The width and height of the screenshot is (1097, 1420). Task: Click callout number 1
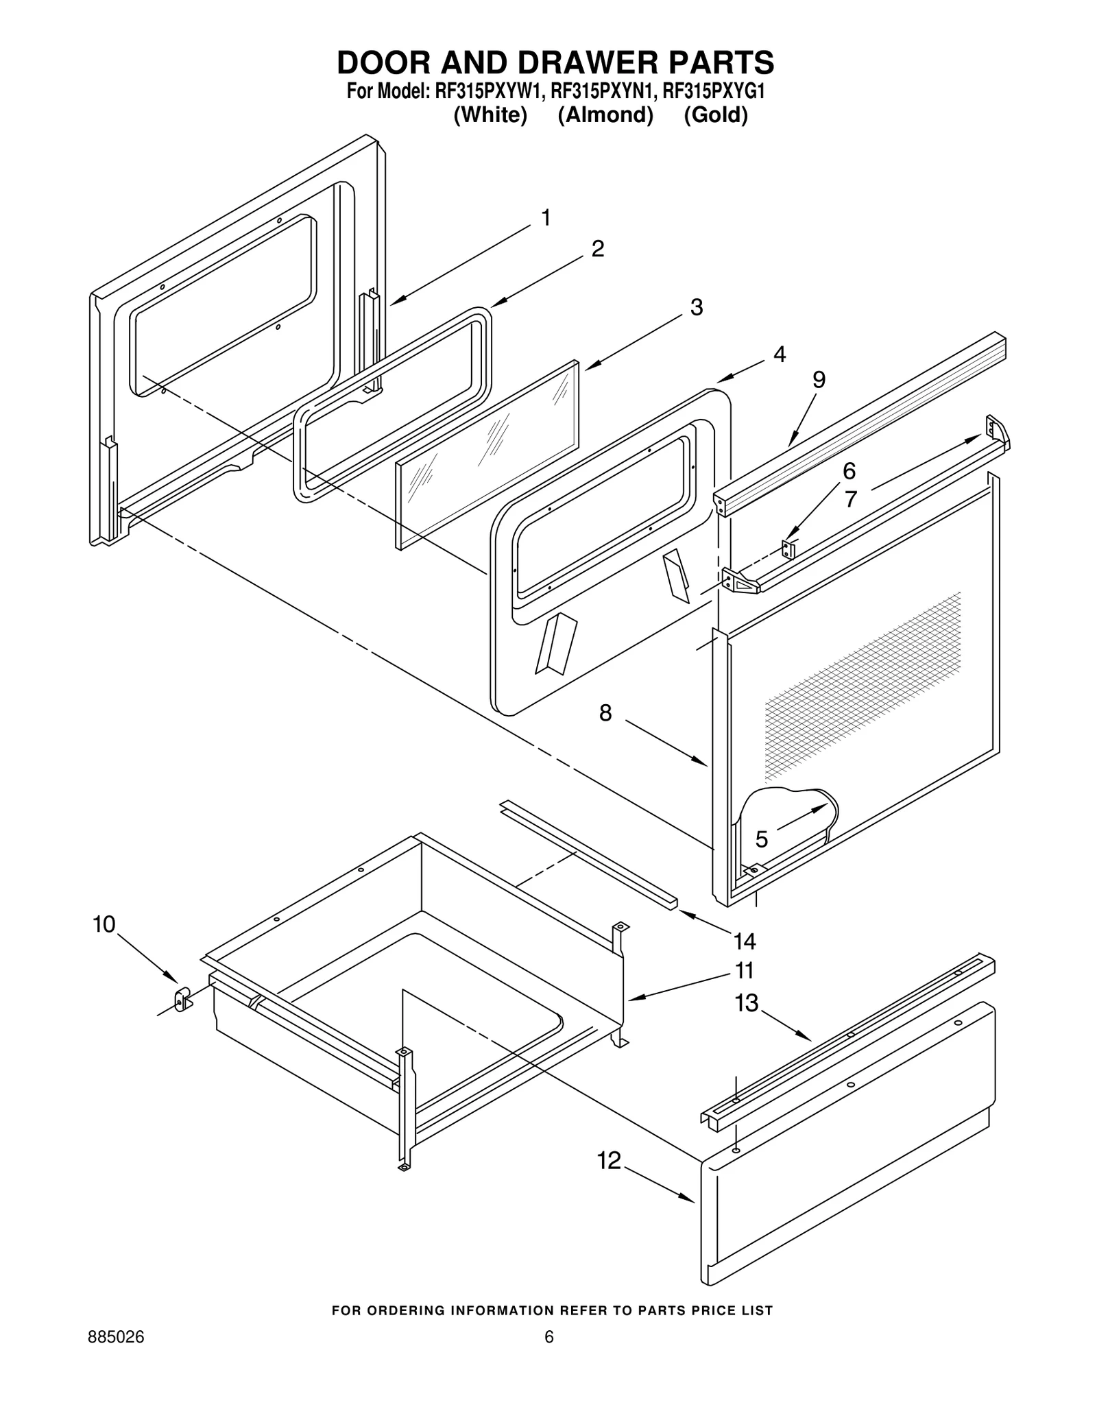click(546, 218)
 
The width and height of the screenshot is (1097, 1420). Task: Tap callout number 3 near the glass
click(696, 306)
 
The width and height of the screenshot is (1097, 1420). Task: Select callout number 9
click(819, 379)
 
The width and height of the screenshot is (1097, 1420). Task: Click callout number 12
click(609, 1160)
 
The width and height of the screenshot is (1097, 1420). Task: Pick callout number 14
click(745, 941)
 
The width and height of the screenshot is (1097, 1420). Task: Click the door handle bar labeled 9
click(864, 418)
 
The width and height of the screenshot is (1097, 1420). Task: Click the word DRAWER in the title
click(580, 63)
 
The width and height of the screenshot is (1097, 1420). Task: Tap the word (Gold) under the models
click(715, 115)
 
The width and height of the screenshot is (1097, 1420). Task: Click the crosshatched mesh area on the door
click(864, 686)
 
